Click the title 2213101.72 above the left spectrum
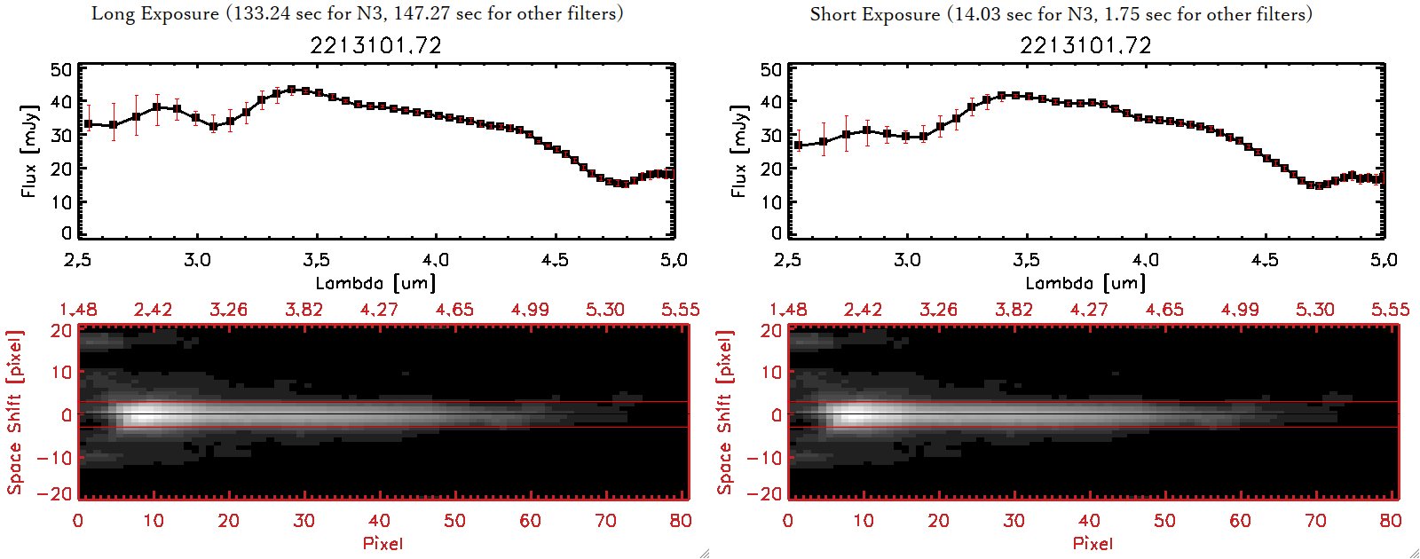[375, 45]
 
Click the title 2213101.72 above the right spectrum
[1085, 45]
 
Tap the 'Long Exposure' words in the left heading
[155, 13]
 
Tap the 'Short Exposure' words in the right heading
[874, 14]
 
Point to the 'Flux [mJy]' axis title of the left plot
[29, 152]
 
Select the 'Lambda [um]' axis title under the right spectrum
[1085, 283]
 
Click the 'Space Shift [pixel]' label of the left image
[15, 413]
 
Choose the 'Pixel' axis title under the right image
[1093, 543]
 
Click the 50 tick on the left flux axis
[61, 70]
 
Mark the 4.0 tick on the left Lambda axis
[435, 260]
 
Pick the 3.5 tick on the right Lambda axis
[1026, 260]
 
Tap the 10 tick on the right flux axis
[771, 201]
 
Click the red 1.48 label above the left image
[78, 310]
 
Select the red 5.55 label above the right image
[1390, 310]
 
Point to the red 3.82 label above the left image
[304, 310]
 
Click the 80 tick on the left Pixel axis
[681, 521]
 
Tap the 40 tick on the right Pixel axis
[1089, 521]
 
